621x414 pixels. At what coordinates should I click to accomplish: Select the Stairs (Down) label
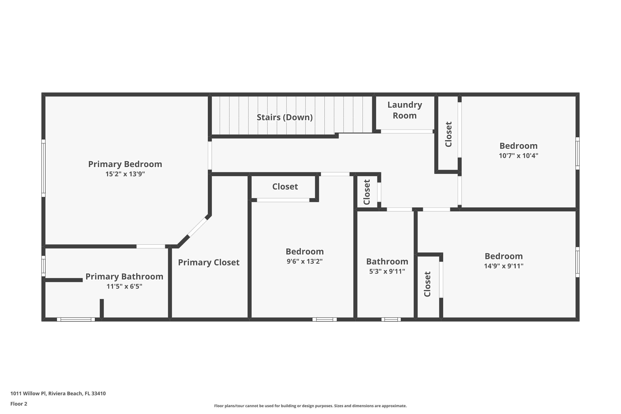pos(284,117)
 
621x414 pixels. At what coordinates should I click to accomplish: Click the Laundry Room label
pos(404,110)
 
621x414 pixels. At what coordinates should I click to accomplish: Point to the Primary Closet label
pos(209,262)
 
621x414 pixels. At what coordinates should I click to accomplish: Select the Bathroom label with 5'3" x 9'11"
pos(387,262)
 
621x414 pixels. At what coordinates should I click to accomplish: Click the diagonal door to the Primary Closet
pos(197,227)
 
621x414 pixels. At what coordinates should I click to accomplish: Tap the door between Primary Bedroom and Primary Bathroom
pos(150,246)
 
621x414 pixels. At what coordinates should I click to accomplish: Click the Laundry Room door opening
pos(406,131)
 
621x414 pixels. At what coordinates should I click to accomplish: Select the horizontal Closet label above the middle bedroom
pos(285,187)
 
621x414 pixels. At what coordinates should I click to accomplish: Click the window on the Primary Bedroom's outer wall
pos(43,168)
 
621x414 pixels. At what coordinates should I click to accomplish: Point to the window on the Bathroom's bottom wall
pos(391,319)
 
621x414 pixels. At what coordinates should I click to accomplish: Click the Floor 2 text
pos(19,404)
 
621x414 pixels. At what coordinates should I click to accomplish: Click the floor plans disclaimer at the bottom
pos(310,406)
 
